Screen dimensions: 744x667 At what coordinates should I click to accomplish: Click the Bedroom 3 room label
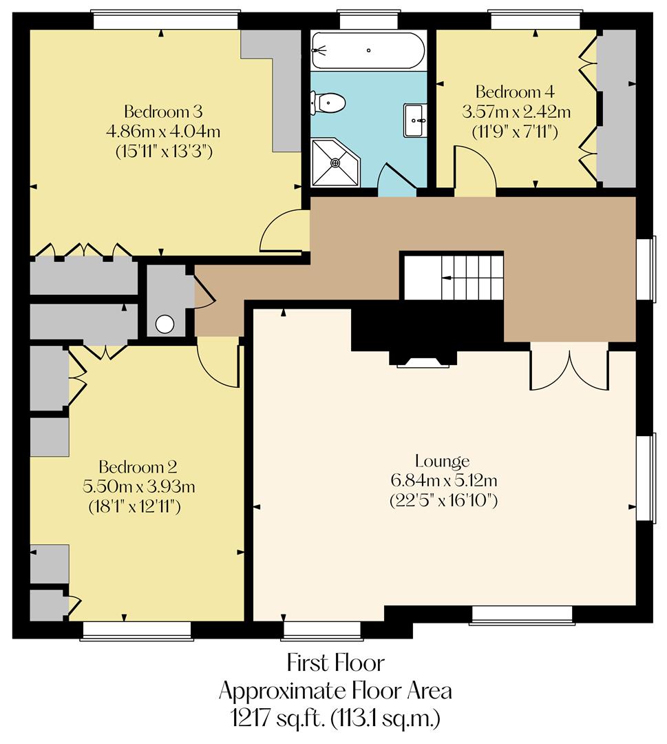pos(162,112)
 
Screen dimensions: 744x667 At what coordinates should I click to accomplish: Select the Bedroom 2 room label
pos(138,466)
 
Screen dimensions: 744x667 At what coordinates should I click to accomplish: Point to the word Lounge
pos(442,461)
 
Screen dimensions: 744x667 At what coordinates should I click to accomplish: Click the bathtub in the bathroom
pos(368,50)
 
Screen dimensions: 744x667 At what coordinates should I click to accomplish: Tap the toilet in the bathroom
pos(329,104)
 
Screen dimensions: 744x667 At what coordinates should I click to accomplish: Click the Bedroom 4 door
pos(474,172)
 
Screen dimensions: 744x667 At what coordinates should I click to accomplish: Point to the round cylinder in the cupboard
pos(165,324)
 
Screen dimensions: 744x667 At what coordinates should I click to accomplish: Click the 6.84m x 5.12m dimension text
pos(443,480)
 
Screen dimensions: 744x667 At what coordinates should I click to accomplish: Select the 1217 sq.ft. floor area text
pos(335,719)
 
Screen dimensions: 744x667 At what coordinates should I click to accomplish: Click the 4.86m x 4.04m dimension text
pos(162,131)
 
